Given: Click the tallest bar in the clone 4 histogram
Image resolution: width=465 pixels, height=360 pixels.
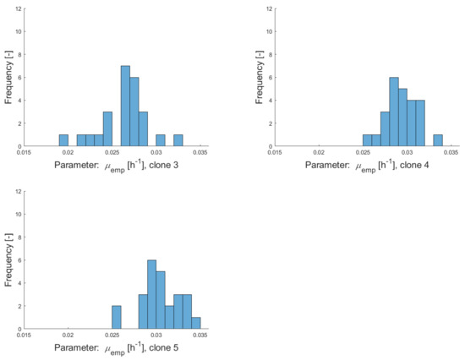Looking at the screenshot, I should pyautogui.click(x=394, y=111).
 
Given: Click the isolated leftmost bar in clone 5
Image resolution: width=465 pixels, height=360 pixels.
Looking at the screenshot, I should pyautogui.click(x=117, y=317).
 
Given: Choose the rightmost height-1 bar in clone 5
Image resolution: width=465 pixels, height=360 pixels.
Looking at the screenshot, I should pyautogui.click(x=196, y=323).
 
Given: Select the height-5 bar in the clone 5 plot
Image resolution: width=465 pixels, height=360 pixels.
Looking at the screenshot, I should pyautogui.click(x=161, y=300).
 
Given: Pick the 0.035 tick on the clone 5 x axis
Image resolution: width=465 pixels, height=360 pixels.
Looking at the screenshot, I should pyautogui.click(x=200, y=335).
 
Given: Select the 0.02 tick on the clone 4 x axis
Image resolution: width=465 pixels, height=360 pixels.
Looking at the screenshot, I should pyautogui.click(x=317, y=152).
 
